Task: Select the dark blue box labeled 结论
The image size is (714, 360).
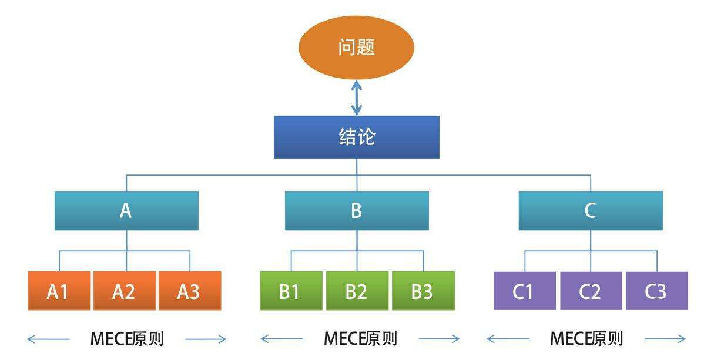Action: click(357, 137)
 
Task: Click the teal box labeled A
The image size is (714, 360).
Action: click(126, 211)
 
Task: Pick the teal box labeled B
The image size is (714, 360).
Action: click(357, 211)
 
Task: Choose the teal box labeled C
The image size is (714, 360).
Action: click(591, 211)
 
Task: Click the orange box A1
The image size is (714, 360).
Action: click(59, 291)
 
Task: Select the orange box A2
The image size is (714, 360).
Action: click(125, 291)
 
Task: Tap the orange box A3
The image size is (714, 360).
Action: click(189, 291)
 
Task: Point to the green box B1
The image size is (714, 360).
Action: click(291, 291)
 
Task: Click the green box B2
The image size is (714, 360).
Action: click(357, 291)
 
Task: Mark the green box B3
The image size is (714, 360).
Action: click(423, 291)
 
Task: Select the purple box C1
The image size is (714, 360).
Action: click(524, 291)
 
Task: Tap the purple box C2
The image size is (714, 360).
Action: click(591, 291)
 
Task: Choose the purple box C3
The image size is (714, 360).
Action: click(656, 291)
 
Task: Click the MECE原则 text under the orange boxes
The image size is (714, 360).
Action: click(127, 339)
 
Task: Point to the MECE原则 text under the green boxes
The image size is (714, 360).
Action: click(360, 339)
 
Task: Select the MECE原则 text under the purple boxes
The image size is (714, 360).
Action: click(586, 339)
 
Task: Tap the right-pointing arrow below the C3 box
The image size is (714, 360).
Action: click(665, 339)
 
